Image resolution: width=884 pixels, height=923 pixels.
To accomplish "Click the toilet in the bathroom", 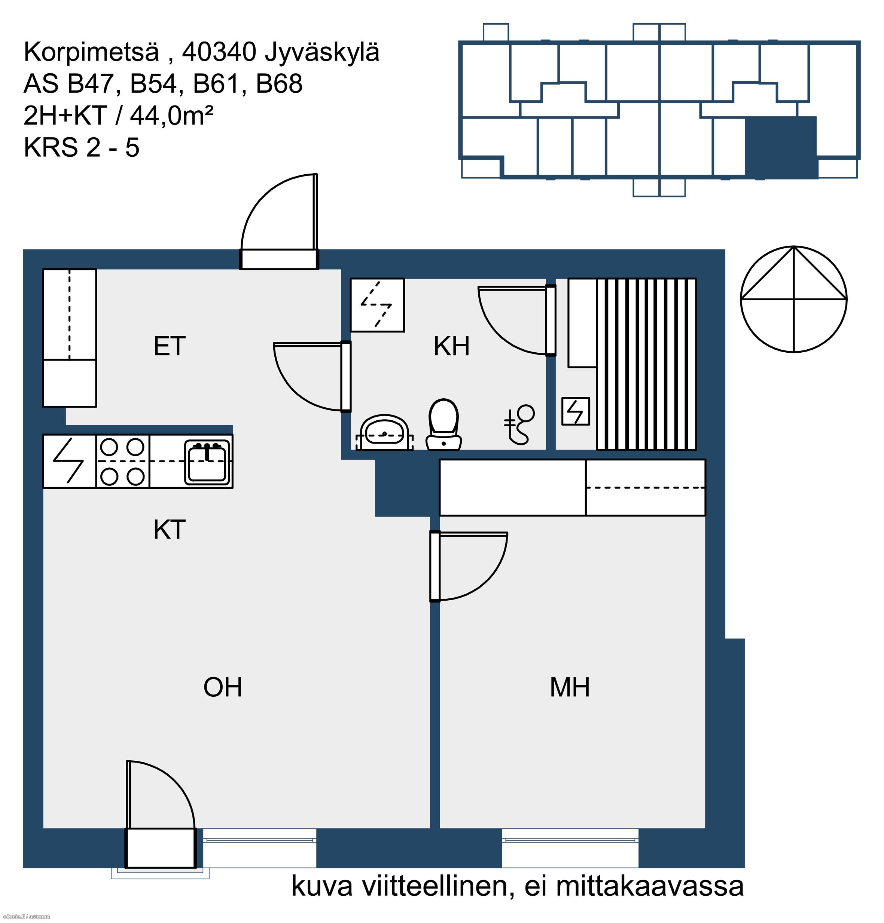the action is (443, 425).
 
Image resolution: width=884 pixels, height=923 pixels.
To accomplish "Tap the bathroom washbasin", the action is (384, 433).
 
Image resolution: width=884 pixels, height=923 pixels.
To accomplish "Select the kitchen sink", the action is (208, 462).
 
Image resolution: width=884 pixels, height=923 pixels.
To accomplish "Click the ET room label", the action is (170, 347).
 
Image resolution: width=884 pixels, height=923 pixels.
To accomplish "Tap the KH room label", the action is (451, 347).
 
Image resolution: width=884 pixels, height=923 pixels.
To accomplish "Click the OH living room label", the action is (223, 687).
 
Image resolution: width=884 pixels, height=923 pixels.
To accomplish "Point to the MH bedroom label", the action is (570, 687).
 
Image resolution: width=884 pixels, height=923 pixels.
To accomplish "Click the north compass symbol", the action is (794, 299).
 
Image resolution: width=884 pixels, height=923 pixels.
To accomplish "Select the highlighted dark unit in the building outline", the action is (781, 147).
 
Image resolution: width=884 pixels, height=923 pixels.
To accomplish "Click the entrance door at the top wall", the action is (280, 222).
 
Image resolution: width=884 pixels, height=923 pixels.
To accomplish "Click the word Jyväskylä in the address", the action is (322, 53).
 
